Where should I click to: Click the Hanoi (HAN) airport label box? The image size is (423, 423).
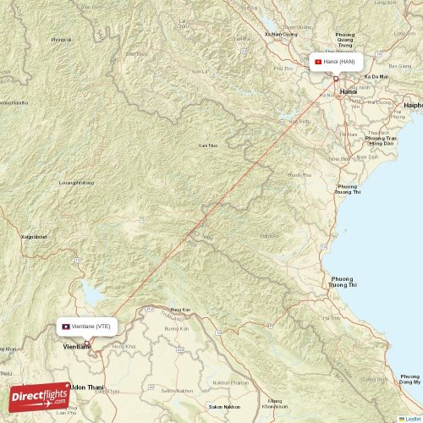coord(337,62)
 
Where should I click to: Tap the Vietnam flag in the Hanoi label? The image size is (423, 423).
coord(318,62)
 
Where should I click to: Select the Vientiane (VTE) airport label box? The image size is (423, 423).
coord(86,326)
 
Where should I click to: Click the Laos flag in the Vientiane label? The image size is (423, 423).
coord(65,326)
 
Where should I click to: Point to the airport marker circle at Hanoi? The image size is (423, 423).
coord(336,79)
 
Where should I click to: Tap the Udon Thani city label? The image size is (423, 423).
coord(88,387)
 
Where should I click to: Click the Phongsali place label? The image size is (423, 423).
coord(60,40)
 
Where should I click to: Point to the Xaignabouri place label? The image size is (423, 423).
coord(34,237)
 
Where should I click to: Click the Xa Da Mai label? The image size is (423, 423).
coord(375,76)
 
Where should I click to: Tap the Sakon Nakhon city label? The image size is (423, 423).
coord(225,407)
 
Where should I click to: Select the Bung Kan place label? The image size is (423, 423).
coord(180,310)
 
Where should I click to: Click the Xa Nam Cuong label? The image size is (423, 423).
coord(281,34)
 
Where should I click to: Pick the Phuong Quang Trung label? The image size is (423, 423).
coord(345,39)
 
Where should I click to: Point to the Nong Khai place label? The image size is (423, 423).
coord(124,347)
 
